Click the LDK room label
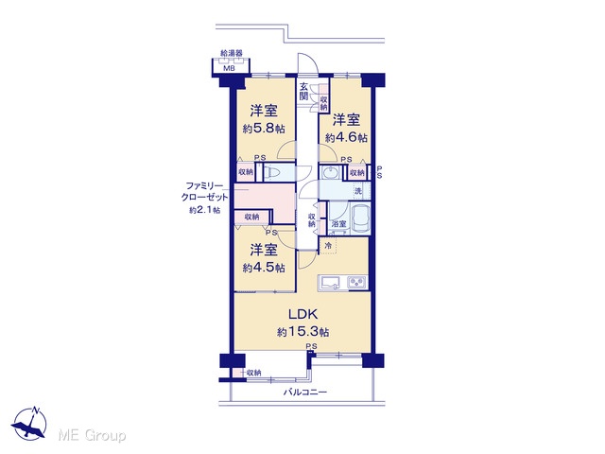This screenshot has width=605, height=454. click(302, 314)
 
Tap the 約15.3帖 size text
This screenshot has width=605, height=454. click(302, 332)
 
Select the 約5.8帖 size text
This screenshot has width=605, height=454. click(264, 129)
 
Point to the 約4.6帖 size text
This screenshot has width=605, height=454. click(346, 137)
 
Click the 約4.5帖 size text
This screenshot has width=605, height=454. click(264, 268)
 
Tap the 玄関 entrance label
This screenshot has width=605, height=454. click(303, 91)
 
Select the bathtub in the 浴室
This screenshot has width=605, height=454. click(361, 219)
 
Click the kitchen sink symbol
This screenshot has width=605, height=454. click(329, 282)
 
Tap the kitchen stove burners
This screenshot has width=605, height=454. click(357, 282)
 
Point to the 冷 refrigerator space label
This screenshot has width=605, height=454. click(328, 245)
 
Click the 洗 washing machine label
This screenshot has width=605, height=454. click(358, 191)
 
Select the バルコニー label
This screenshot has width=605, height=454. click(305, 393)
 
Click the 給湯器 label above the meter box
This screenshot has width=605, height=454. click(231, 53)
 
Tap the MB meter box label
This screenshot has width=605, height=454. click(230, 69)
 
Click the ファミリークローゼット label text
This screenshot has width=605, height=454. click(205, 191)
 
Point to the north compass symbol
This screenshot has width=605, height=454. click(30, 423)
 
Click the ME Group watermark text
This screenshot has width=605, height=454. click(92, 435)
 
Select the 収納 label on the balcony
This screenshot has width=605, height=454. click(253, 373)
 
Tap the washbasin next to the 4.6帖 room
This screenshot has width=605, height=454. click(330, 173)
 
